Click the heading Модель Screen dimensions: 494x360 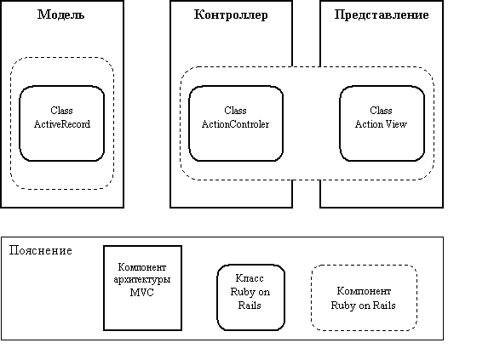[x=60, y=14]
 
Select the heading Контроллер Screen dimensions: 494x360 [x=231, y=15]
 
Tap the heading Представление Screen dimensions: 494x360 [x=382, y=15]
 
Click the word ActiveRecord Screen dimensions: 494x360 [x=62, y=124]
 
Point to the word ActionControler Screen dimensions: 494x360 [x=236, y=124]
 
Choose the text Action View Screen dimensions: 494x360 [x=381, y=124]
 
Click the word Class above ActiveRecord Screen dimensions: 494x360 [x=61, y=111]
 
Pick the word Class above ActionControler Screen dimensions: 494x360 [x=235, y=111]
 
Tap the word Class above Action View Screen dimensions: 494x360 [x=381, y=111]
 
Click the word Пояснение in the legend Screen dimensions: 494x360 [x=41, y=251]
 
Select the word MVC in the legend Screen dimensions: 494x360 [x=141, y=293]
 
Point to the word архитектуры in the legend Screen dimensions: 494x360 [x=142, y=280]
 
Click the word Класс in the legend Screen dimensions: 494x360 [x=250, y=278]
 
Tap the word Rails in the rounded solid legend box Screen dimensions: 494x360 [x=250, y=306]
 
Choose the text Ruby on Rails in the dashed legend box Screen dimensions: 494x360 [x=363, y=306]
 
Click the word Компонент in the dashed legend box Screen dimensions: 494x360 [x=364, y=291]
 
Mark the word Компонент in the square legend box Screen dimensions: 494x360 [x=142, y=267]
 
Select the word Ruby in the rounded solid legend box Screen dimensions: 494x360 [x=242, y=293]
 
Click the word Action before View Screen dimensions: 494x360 [x=369, y=124]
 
